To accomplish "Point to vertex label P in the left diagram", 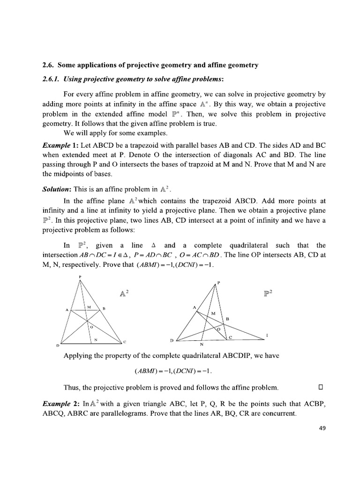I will [x=80, y=277].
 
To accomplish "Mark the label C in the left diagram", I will [x=125, y=340].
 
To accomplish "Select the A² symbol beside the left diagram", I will [x=125, y=293].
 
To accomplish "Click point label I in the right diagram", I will [x=267, y=335].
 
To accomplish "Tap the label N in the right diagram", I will [x=202, y=345].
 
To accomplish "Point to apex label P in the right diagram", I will [x=218, y=283].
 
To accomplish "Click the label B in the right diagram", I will [x=228, y=318].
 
